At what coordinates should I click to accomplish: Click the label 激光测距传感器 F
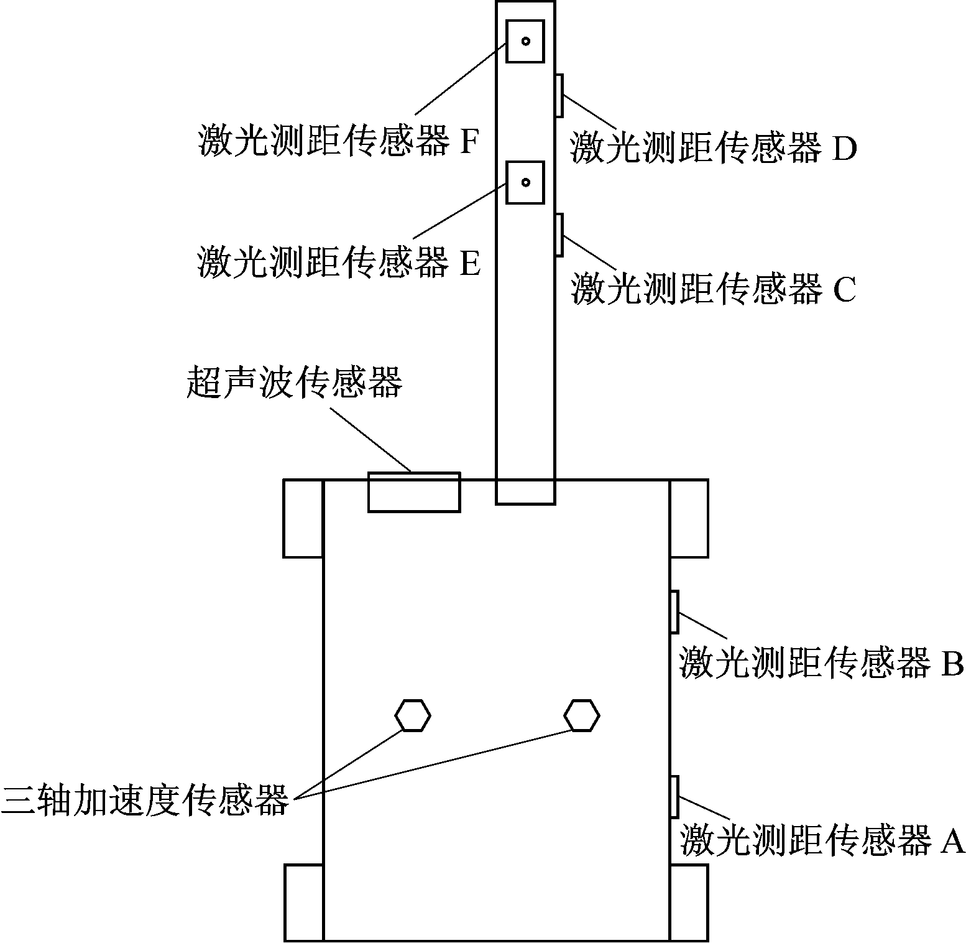[x=339, y=141]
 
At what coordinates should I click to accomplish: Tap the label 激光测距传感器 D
[x=714, y=147]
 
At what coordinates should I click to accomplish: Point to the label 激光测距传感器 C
[x=714, y=289]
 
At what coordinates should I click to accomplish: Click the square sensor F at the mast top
[x=525, y=41]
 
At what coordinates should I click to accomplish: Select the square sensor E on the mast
[x=525, y=182]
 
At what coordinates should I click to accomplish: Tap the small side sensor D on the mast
[x=559, y=95]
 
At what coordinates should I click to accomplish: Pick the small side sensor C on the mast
[x=559, y=235]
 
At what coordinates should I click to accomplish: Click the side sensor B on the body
[x=674, y=612]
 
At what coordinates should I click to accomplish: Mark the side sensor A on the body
[x=674, y=797]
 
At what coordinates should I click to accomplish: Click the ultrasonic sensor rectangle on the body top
[x=414, y=493]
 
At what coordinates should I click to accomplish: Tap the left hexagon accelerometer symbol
[x=413, y=715]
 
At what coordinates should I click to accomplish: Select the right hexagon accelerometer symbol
[x=582, y=715]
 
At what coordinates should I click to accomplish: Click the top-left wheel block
[x=303, y=518]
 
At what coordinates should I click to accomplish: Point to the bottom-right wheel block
[x=689, y=903]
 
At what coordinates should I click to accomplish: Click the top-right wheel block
[x=689, y=518]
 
